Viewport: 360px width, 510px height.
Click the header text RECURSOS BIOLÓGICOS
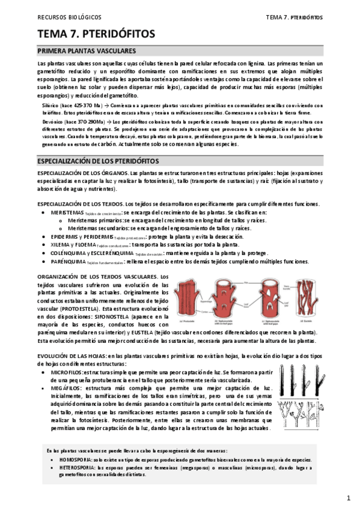pyautogui.click(x=69, y=17)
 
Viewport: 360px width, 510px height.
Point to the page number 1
pyautogui.click(x=349, y=498)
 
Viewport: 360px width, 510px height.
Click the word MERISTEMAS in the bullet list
pyautogui.click(x=67, y=213)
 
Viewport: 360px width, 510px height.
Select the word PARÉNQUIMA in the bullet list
pyautogui.click(x=67, y=262)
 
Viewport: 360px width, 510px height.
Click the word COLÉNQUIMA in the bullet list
pyautogui.click(x=69, y=253)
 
